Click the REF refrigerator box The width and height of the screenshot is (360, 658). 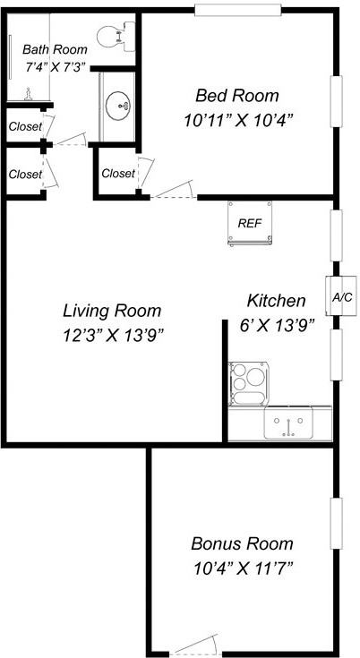250,222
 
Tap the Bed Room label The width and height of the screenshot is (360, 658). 237,95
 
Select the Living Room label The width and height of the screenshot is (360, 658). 112,311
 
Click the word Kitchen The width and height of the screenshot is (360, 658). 277,301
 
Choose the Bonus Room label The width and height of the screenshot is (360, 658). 242,543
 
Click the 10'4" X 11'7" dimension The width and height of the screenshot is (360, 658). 242,567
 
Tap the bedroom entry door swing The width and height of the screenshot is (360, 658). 174,190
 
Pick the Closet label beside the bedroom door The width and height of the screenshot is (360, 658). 117,173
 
